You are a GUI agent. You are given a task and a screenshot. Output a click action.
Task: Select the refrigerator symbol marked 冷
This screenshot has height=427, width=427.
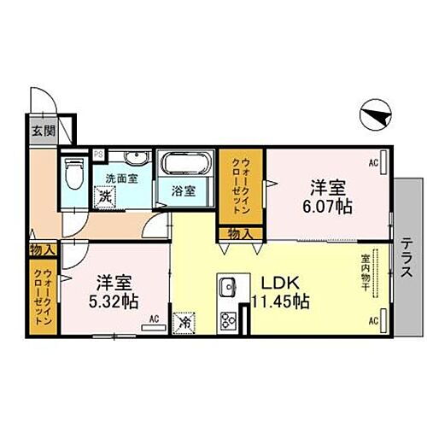pyautogui.click(x=186, y=322)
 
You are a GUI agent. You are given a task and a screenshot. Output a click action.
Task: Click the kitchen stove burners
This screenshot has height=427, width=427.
pyautogui.click(x=228, y=322)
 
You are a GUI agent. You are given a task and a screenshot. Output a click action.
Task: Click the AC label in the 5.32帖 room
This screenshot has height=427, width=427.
pyautogui.click(x=155, y=319)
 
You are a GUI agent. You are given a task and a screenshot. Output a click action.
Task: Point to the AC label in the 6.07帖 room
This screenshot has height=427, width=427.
pyautogui.click(x=372, y=161)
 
